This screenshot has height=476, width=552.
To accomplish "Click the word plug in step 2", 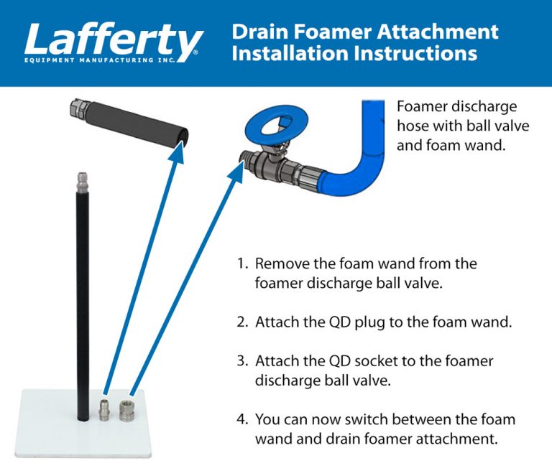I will point(366,322).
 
